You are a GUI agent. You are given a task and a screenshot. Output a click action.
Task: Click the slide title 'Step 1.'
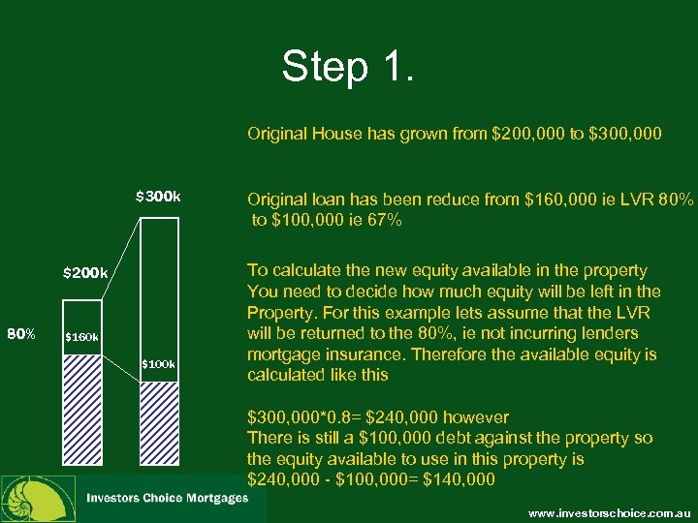click(x=348, y=68)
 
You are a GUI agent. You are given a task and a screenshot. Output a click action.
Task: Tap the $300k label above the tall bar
click(x=158, y=197)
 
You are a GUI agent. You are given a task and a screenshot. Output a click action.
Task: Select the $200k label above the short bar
click(x=85, y=272)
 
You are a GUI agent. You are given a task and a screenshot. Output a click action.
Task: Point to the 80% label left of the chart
click(x=21, y=335)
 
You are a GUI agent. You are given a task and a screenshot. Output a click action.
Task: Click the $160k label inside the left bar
click(x=81, y=338)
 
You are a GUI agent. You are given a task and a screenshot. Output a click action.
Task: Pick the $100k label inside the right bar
click(x=158, y=364)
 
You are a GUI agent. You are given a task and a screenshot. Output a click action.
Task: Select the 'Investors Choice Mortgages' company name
click(x=168, y=498)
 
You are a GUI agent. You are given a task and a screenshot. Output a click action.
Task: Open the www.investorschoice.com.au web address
click(x=609, y=510)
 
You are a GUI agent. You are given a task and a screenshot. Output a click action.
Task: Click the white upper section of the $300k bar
click(x=159, y=281)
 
